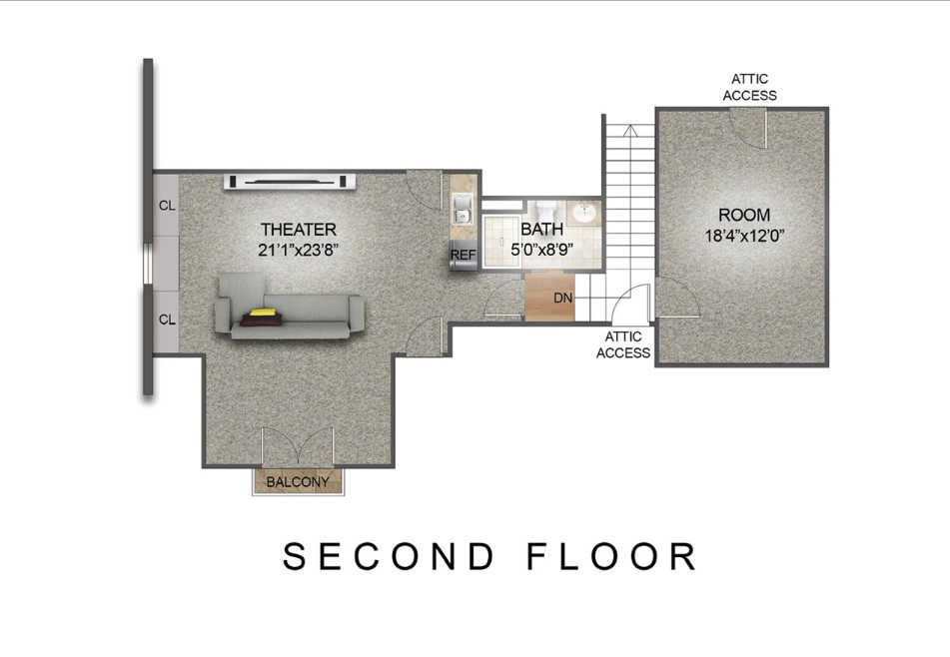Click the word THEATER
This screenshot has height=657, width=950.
[298, 229]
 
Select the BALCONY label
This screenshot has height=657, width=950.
[298, 482]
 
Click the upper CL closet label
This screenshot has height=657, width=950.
[167, 206]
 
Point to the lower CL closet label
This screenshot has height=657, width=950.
[167, 321]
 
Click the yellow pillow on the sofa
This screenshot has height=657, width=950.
[263, 314]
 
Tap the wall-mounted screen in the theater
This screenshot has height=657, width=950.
[291, 181]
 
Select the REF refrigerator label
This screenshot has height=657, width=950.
[463, 255]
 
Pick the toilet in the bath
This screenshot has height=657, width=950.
[545, 212]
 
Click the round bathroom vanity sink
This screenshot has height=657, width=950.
[583, 214]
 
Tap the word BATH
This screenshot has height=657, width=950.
[542, 230]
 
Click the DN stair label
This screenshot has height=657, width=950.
[562, 298]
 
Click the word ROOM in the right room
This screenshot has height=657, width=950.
[744, 215]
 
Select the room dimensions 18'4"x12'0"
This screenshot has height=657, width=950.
[744, 237]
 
